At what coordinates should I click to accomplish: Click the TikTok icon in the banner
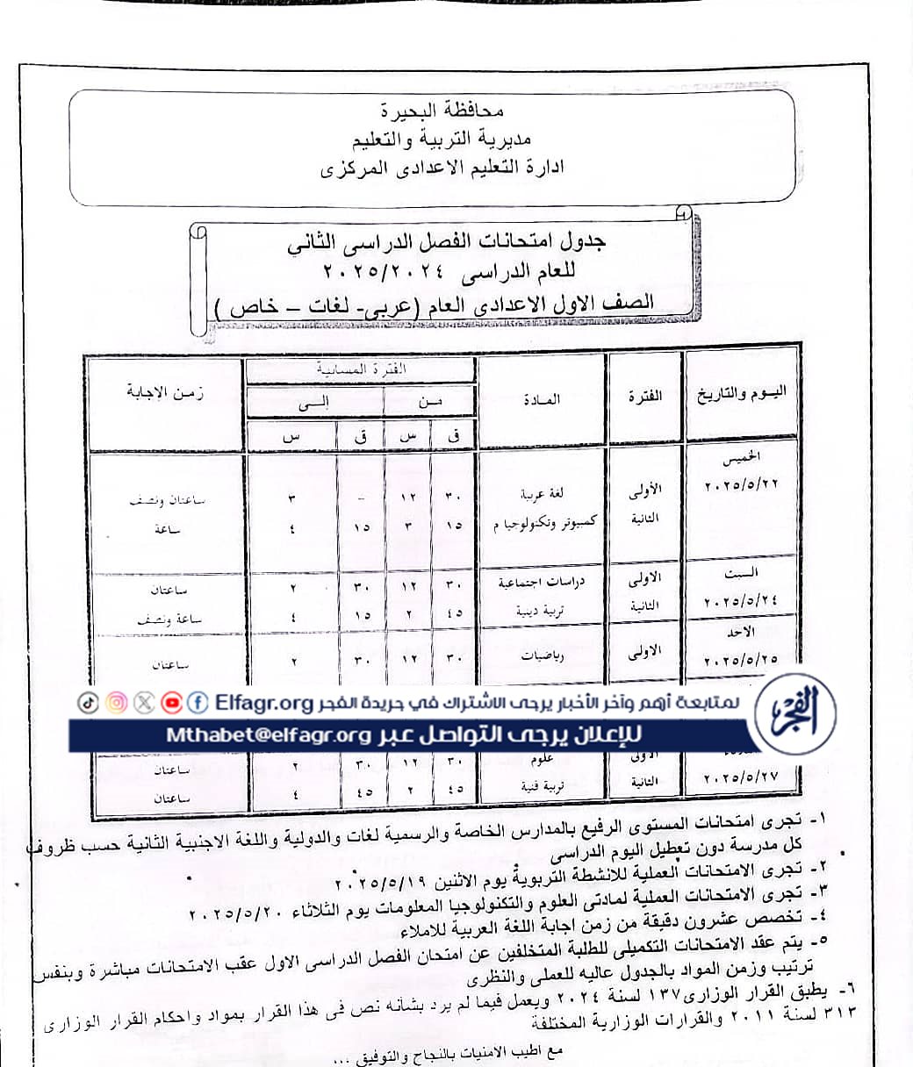[89, 702]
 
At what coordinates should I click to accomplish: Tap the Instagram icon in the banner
[117, 702]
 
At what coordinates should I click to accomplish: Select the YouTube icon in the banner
[172, 702]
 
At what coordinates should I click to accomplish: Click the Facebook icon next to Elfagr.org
[198, 702]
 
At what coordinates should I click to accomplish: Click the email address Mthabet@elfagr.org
[269, 734]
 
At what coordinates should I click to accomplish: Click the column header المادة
[541, 399]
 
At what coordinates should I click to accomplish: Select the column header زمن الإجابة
[166, 392]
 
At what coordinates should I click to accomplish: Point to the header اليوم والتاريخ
[742, 393]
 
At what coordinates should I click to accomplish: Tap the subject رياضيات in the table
[541, 654]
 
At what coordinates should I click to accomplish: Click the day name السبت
[742, 573]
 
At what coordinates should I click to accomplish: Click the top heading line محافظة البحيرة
[432, 111]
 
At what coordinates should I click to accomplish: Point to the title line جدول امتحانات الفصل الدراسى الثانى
[447, 241]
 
